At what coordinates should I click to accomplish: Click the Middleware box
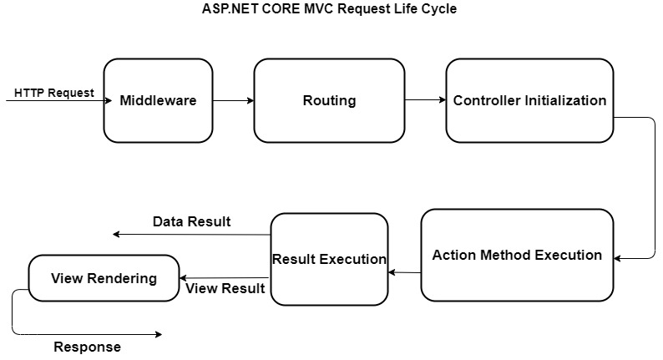(x=158, y=100)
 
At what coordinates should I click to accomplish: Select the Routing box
(x=329, y=100)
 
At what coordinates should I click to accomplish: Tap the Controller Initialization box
(x=529, y=100)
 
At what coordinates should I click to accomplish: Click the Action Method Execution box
(x=517, y=255)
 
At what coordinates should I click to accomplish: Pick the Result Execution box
(x=329, y=259)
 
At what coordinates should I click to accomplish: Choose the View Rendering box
(x=104, y=278)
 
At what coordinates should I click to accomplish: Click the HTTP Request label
(x=54, y=93)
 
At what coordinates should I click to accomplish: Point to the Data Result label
(x=191, y=221)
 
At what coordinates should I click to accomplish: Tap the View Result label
(x=225, y=289)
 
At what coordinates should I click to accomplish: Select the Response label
(x=87, y=347)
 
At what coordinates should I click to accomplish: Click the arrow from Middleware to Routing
(x=233, y=101)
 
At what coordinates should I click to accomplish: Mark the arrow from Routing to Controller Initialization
(x=425, y=101)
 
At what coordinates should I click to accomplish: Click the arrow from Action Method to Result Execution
(x=404, y=272)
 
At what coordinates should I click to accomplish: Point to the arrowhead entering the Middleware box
(x=108, y=101)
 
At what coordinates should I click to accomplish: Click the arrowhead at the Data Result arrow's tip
(x=117, y=235)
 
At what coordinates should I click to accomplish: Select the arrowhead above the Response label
(x=157, y=334)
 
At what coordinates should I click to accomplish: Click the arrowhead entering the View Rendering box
(x=184, y=278)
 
